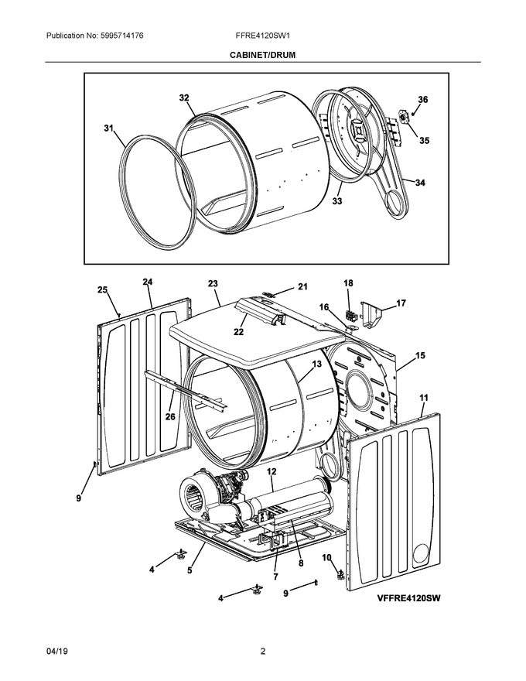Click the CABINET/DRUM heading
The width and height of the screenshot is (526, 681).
click(262, 56)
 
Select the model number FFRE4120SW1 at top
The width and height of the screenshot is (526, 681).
click(262, 36)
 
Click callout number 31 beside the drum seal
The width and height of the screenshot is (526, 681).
click(109, 128)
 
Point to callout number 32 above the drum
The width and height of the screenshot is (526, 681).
click(184, 98)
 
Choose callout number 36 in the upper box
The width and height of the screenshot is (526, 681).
click(422, 100)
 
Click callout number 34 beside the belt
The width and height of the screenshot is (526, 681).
click(420, 183)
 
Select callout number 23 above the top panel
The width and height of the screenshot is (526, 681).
click(213, 284)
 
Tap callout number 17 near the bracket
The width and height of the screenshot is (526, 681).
click(401, 303)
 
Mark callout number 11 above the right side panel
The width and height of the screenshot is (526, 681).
click(423, 397)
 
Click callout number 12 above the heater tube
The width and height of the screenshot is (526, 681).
click(272, 471)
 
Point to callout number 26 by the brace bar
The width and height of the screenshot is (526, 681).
click(170, 416)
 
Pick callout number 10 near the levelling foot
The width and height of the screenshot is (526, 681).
click(326, 557)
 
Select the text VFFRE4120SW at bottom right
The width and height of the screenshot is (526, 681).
click(414, 597)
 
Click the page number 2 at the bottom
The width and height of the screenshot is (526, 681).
click(262, 652)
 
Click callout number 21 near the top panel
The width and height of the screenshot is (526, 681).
click(302, 287)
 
